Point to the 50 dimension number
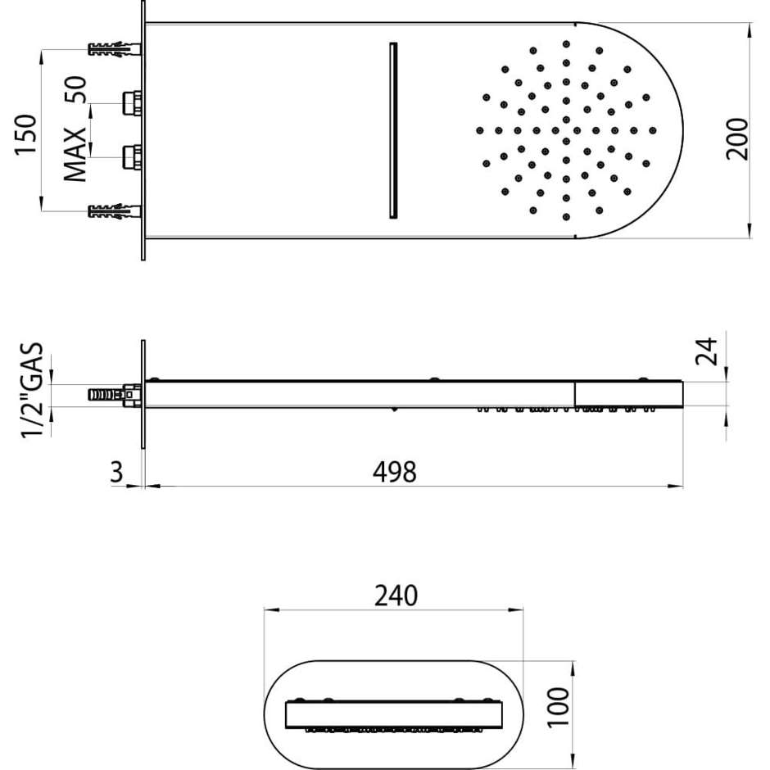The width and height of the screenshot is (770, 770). (76, 89)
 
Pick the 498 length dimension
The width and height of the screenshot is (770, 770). (394, 472)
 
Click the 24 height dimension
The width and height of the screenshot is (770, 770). (706, 351)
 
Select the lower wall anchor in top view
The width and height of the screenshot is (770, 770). (113, 212)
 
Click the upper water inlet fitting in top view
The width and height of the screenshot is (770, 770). (131, 103)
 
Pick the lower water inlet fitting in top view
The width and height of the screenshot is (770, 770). (131, 156)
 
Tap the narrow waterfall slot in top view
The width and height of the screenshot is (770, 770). (392, 129)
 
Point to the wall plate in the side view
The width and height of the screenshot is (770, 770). (143, 394)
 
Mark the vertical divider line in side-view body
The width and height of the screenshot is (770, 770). (574, 394)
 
